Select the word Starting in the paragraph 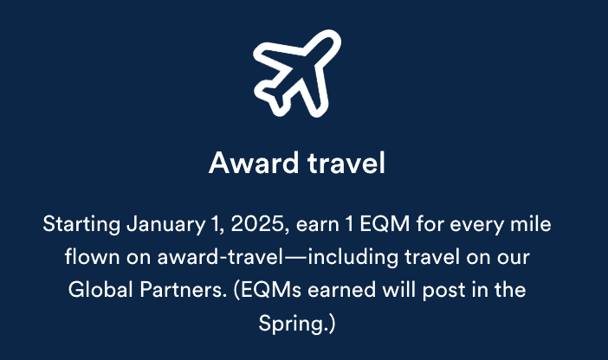click(81, 225)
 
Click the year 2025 click(256, 225)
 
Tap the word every click(471, 225)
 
